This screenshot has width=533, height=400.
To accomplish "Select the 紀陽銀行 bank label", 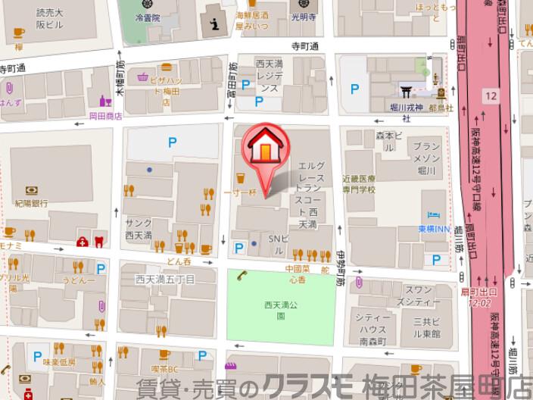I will click(31, 203).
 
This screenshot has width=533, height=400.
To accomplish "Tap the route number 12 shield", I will click(492, 95).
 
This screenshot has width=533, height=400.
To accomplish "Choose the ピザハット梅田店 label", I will click(173, 83).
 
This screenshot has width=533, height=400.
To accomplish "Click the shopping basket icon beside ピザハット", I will click(142, 77).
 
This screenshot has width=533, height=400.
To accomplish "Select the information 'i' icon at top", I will click(216, 25).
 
